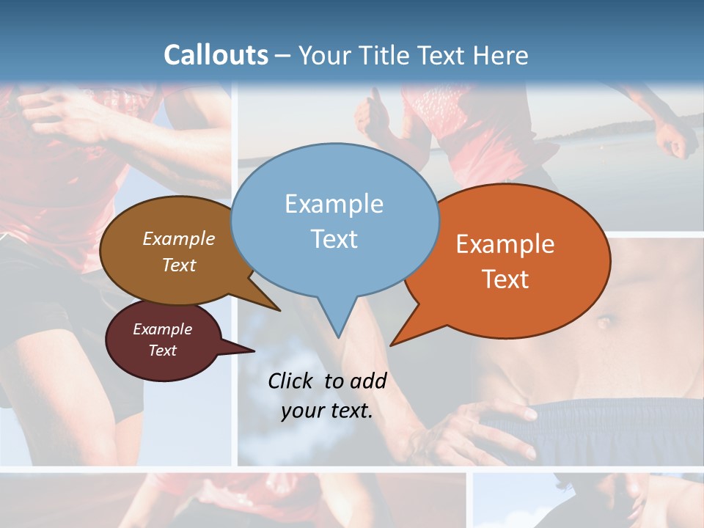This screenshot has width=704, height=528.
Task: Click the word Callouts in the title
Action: coord(216,55)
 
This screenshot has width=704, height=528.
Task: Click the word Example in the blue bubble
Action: coord(334,204)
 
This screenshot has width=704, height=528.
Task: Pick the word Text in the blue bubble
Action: coord(334,239)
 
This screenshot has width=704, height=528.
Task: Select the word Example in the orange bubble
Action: coord(505,244)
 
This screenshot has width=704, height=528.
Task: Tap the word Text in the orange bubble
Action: coord(505,279)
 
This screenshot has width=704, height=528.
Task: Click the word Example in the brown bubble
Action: coord(178,239)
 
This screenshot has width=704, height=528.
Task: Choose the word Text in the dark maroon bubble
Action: coord(162,351)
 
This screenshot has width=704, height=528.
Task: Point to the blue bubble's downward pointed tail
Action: coord(337,323)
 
